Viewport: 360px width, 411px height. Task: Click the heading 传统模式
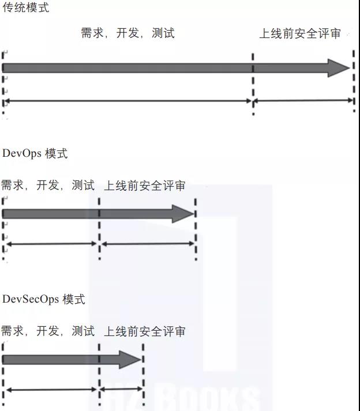point(26,9)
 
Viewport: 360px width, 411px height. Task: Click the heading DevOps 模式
point(35,153)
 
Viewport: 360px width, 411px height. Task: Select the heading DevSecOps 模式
point(44,299)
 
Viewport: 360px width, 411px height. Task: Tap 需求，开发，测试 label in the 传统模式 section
point(127,33)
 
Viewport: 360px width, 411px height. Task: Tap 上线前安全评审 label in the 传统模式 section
point(300,33)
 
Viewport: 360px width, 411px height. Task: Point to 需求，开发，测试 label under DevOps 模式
point(48,186)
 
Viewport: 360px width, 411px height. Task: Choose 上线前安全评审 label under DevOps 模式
point(145,186)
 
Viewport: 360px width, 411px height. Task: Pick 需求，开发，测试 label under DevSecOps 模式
point(48,331)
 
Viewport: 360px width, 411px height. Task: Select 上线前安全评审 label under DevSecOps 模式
point(145,331)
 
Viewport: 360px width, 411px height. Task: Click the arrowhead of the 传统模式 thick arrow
point(339,67)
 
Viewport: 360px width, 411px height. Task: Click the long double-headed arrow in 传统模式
point(128,101)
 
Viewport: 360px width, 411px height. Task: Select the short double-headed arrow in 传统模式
point(304,101)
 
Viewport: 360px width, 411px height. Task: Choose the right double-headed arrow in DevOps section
point(148,244)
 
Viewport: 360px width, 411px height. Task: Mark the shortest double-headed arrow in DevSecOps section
point(121,390)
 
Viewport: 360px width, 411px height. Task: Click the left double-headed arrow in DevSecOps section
point(51,390)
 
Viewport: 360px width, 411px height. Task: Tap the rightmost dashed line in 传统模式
point(353,81)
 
